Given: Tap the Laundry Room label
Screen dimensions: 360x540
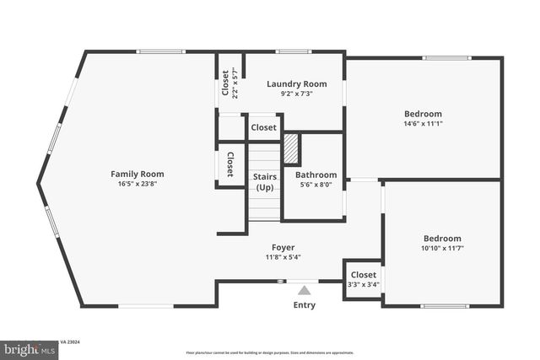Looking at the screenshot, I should click(x=296, y=83).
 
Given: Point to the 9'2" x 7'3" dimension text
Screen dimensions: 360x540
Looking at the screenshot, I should click(x=296, y=94).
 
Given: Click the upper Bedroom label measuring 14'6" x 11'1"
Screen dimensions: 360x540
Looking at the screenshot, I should click(x=423, y=114).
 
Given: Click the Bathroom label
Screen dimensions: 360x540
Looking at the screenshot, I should click(x=316, y=175).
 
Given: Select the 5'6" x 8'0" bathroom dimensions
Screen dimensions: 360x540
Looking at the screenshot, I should click(x=316, y=185).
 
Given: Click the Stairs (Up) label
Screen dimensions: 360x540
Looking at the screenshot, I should click(x=265, y=181).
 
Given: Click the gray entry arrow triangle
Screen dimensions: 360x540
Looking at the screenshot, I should click(x=304, y=290).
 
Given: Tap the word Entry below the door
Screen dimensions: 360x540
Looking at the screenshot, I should click(x=304, y=305).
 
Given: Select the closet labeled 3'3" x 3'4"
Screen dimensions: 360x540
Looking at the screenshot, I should click(x=364, y=279).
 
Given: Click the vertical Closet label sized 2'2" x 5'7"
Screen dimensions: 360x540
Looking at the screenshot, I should click(x=229, y=83).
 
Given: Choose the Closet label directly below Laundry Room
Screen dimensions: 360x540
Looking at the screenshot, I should click(x=263, y=128).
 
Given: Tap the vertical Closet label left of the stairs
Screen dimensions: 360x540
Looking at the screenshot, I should click(x=229, y=166).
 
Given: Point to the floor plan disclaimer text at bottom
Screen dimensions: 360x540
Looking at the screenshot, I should click(x=269, y=352).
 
